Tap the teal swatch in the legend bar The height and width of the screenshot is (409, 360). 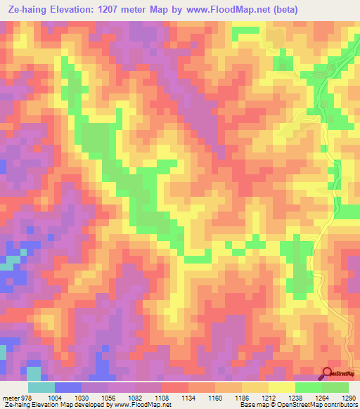(x=41, y=387)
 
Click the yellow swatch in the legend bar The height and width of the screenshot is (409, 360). (x=281, y=387)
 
